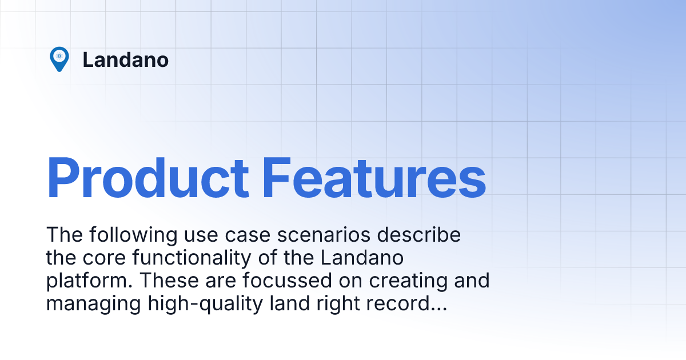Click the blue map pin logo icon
tap(59, 59)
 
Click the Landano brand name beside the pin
tap(125, 59)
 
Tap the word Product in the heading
tap(147, 178)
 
